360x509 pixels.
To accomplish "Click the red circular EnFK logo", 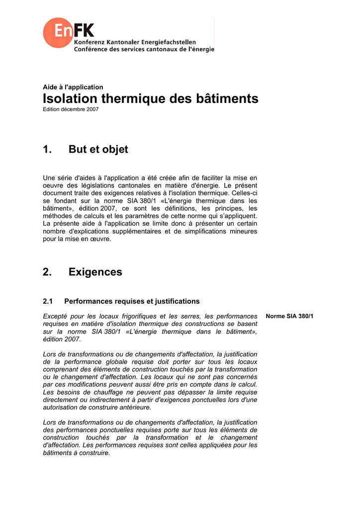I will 59,33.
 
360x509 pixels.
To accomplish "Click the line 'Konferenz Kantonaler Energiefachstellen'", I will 135,43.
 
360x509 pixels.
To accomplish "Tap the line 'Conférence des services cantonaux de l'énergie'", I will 144,50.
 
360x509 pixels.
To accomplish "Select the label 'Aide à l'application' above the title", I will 73,87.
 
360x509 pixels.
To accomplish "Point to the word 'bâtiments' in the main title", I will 228,98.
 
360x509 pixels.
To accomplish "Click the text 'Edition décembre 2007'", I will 71,109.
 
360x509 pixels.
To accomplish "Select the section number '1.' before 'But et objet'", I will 48,150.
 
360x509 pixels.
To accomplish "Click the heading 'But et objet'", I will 98,150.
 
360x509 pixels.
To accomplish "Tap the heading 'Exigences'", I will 95,272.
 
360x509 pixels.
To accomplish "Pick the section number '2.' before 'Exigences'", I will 48,272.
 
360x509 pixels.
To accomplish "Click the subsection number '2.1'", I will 48,301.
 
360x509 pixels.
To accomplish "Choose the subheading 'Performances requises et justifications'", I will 132,301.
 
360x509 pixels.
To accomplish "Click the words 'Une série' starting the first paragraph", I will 57,177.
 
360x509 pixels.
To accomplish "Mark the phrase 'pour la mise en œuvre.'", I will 77,239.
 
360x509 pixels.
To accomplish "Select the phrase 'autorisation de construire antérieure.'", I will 97,408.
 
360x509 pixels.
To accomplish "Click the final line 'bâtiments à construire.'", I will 77,453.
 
